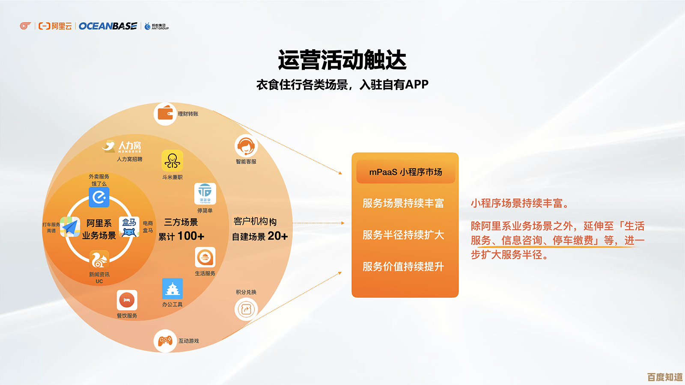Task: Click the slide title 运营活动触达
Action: pos(342,60)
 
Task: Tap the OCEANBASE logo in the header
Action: pos(108,26)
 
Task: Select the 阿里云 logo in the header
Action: pos(55,26)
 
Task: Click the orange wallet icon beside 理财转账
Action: pos(165,114)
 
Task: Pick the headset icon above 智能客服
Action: pos(246,146)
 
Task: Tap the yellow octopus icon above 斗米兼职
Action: pos(172,161)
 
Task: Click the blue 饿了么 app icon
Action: pos(99,197)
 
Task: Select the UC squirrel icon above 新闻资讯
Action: pos(99,259)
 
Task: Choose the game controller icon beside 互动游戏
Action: pos(165,341)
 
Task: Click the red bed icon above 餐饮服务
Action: pos(127,300)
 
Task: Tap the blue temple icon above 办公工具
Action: pos(172,289)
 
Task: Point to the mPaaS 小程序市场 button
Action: pos(405,172)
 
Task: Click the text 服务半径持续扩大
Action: pos(403,235)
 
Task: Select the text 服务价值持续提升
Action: pos(403,267)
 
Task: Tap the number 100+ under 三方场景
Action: pos(191,236)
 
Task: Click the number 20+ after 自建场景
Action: pos(278,236)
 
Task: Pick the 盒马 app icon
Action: pos(129,227)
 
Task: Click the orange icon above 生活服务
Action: pos(205,258)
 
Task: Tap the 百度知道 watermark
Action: pos(664,377)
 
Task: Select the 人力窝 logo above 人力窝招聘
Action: pos(122,147)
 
